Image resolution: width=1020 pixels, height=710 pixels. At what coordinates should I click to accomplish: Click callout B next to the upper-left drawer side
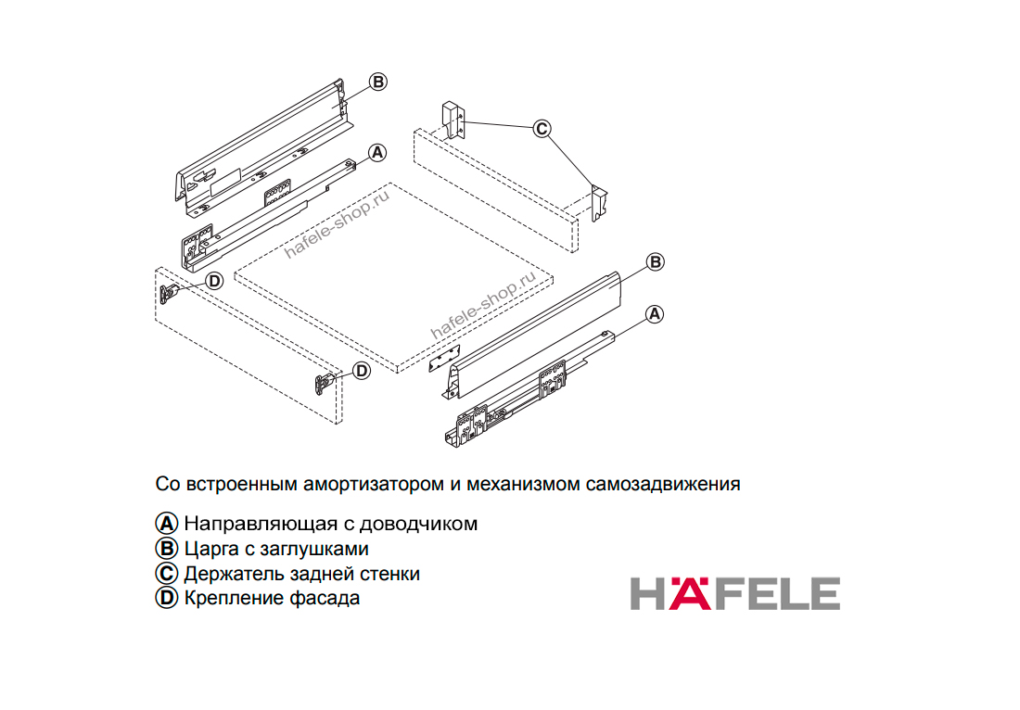(x=378, y=82)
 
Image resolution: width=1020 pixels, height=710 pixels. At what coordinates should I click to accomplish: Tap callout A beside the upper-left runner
(x=377, y=153)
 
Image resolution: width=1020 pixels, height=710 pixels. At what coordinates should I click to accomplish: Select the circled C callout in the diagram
(x=542, y=129)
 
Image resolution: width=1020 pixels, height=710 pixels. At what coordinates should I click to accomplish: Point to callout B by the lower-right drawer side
(x=655, y=262)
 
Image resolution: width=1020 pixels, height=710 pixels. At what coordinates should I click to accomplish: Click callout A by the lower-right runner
(x=655, y=314)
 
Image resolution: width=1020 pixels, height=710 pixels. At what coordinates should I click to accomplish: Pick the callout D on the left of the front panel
(x=214, y=281)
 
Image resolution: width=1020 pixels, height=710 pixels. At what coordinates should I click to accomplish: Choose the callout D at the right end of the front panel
(x=362, y=371)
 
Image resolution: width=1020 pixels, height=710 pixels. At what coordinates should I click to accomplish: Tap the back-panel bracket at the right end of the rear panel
(x=599, y=203)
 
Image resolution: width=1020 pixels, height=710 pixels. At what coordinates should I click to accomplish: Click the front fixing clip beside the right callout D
(x=324, y=384)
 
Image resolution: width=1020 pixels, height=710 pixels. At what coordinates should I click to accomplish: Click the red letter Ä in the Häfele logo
(x=690, y=592)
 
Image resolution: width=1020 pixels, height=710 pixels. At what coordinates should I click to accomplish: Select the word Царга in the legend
(x=211, y=550)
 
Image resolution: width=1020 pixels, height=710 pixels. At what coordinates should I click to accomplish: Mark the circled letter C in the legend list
(x=167, y=574)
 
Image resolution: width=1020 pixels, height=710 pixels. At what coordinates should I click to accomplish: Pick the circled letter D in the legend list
(x=167, y=598)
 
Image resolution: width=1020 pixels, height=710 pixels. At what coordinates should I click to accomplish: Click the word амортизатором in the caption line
(x=374, y=485)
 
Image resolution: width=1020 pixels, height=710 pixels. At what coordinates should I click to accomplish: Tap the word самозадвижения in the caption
(x=663, y=485)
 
